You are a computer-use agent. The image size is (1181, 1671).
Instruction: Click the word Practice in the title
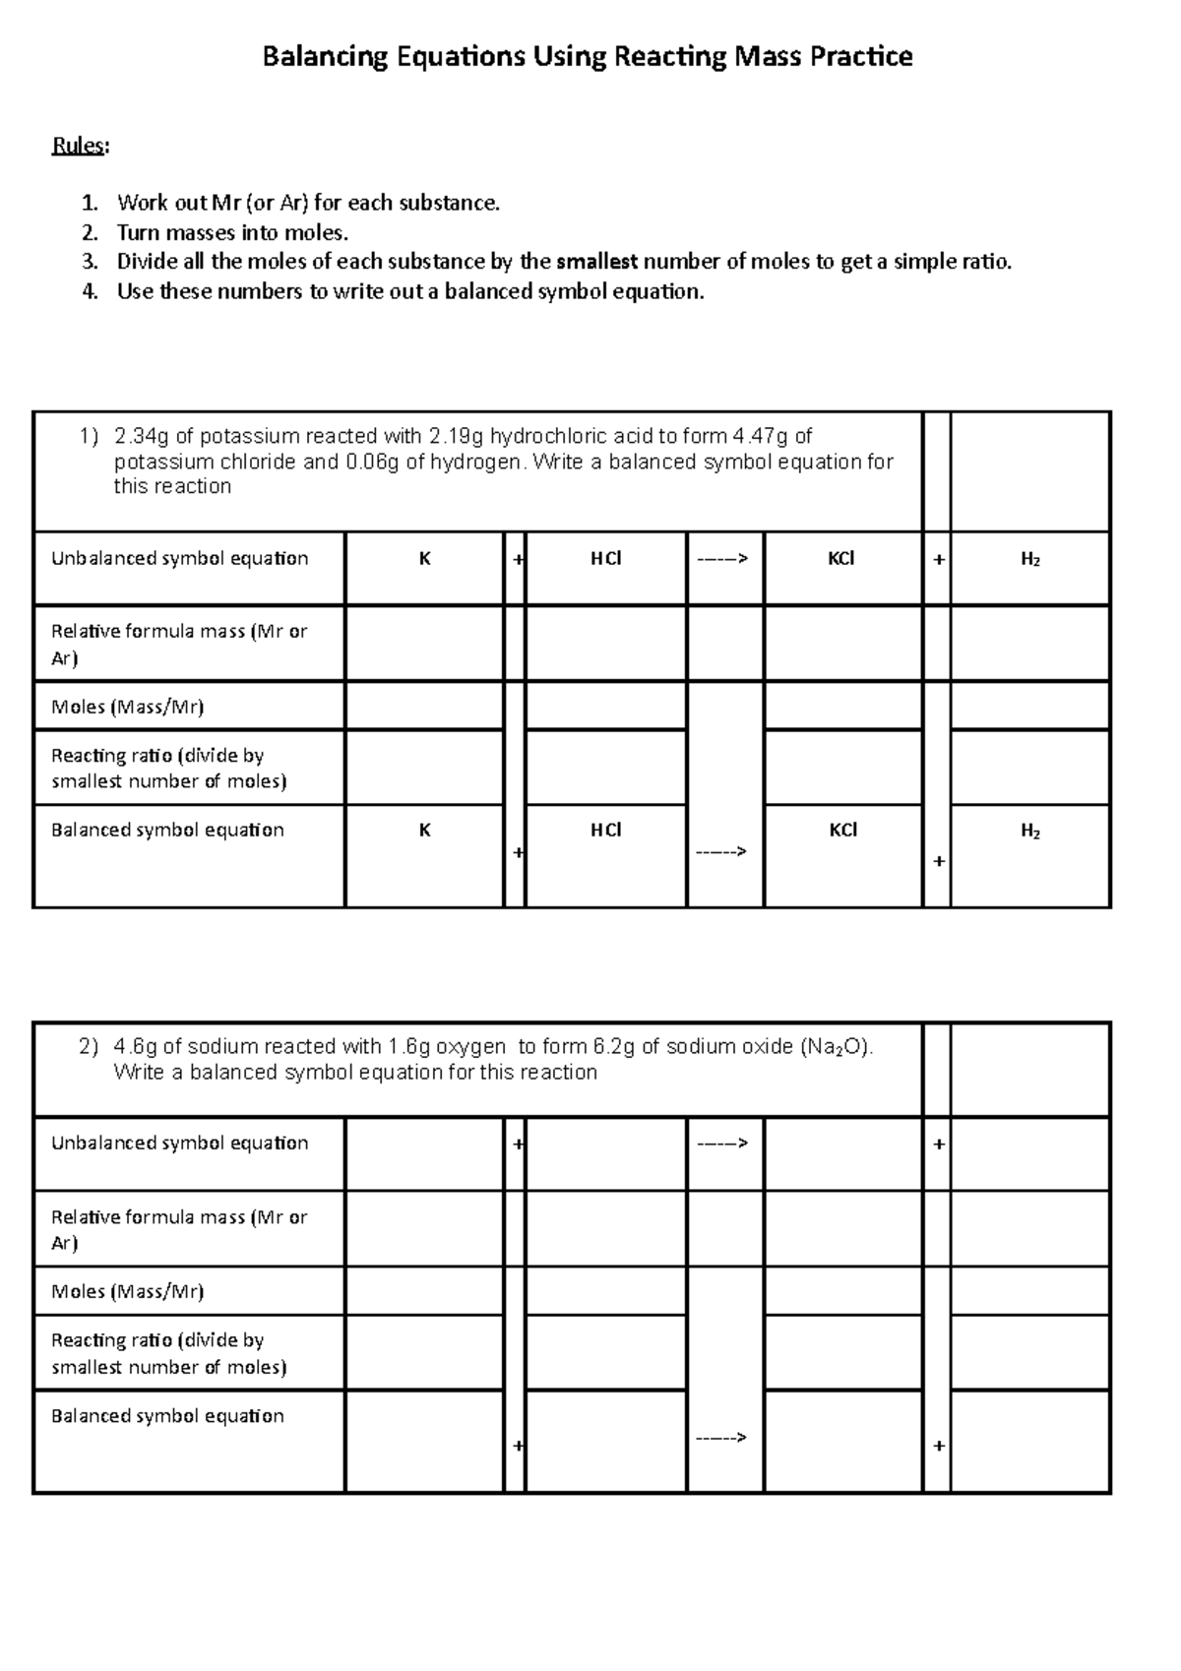(x=860, y=57)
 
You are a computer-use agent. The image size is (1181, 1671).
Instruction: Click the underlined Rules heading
(x=79, y=146)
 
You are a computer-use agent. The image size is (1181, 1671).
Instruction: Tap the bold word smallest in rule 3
(x=596, y=262)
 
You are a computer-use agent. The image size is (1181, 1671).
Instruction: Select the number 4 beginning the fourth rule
(x=91, y=291)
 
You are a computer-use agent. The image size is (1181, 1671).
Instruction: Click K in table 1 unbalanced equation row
(x=424, y=559)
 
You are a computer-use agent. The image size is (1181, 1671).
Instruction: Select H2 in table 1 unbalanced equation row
(x=1030, y=560)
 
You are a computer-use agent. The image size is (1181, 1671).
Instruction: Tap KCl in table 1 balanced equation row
(x=842, y=831)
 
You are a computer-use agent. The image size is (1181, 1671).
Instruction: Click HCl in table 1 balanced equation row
(x=605, y=831)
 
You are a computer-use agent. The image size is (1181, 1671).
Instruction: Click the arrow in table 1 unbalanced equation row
(x=723, y=559)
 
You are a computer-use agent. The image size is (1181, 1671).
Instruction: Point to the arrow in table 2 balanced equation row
(x=721, y=1438)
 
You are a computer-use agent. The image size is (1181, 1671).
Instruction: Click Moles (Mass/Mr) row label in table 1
(x=127, y=707)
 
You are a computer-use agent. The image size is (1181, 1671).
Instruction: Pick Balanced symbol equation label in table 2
(x=167, y=1416)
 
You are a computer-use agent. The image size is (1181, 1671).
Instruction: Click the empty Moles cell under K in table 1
(x=424, y=707)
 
